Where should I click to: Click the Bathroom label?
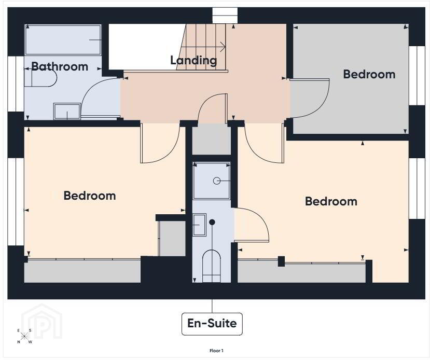(60, 66)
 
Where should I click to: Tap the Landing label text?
(193, 60)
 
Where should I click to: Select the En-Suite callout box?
(212, 324)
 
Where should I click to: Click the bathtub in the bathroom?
(63, 40)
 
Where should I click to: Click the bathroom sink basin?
(67, 111)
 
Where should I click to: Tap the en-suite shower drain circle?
(217, 181)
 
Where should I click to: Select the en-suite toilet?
(212, 266)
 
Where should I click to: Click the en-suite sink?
(199, 225)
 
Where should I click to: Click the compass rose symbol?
(24, 336)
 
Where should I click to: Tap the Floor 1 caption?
(216, 351)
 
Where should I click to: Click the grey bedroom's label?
(369, 74)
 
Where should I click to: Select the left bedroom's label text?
(90, 196)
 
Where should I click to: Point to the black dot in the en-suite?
(212, 222)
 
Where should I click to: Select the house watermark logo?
(41, 321)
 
